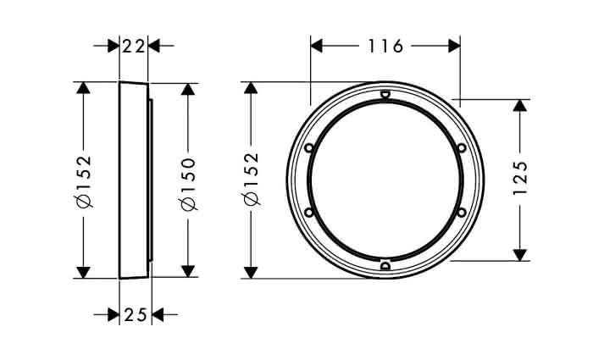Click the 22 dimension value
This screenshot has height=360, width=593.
point(134,47)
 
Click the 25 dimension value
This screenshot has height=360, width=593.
point(136,314)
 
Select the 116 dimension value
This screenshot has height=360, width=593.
point(385,46)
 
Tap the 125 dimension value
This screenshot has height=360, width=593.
point(520,178)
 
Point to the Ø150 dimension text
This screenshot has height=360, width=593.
point(188,184)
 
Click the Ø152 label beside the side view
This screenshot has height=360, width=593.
point(84,181)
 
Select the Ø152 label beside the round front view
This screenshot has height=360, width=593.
point(252,179)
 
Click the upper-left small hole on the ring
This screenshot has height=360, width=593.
point(309,147)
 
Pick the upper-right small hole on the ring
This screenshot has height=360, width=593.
point(462,147)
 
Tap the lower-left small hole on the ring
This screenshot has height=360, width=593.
point(309,213)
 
